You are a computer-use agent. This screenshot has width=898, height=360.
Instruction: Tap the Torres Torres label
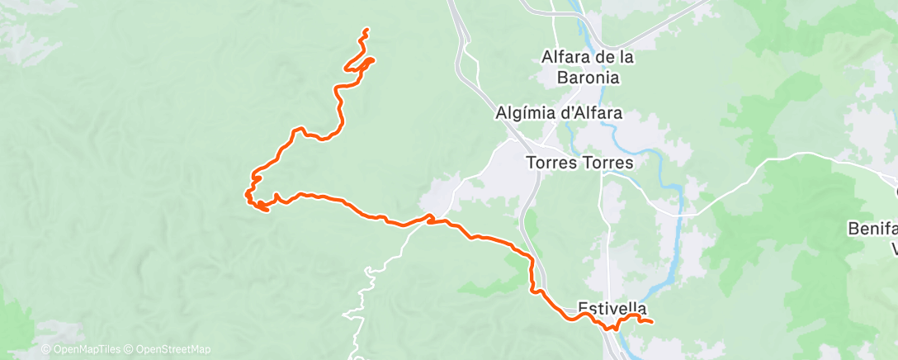[580, 163]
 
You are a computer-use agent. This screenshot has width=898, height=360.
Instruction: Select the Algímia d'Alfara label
[559, 113]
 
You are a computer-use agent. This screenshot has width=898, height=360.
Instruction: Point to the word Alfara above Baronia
[564, 58]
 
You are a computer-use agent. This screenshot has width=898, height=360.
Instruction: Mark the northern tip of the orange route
[366, 31]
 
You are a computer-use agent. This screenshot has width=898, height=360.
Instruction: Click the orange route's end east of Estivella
[652, 321]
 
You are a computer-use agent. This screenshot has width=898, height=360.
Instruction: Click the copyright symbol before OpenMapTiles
[46, 350]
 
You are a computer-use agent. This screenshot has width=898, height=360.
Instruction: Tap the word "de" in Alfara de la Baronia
[600, 58]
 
